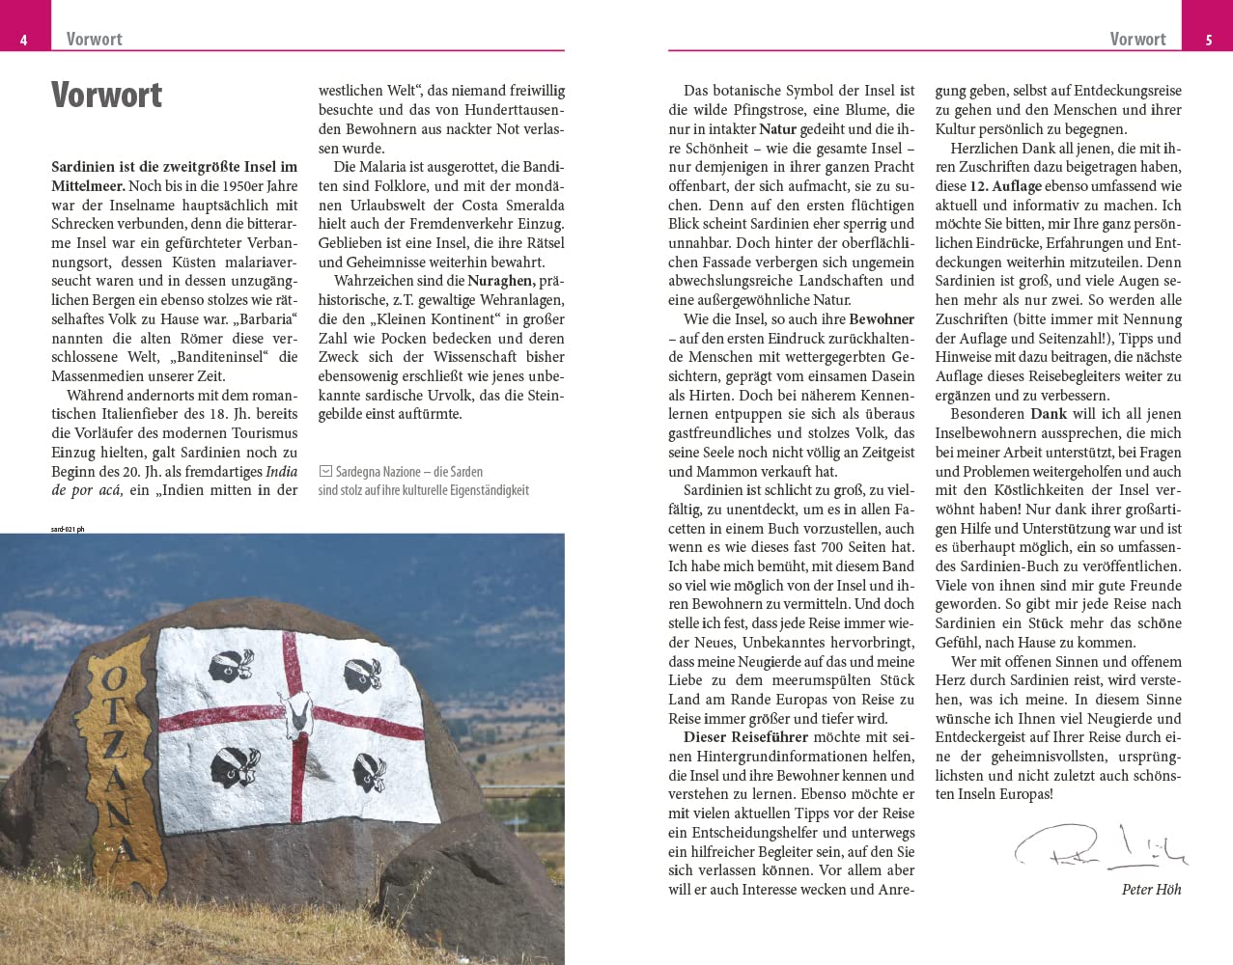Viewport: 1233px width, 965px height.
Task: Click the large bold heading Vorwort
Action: (106, 95)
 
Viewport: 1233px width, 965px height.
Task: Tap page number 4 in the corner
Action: (23, 40)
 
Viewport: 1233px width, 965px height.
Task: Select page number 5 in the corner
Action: (1209, 40)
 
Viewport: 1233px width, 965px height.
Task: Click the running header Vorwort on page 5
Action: (1137, 39)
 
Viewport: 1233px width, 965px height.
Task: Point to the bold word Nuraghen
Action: (500, 281)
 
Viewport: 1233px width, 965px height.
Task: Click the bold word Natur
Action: (777, 129)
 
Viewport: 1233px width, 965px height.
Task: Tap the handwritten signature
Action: (1099, 847)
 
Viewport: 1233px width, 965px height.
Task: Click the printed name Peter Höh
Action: (1151, 889)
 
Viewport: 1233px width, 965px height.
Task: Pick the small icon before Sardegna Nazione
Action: (325, 472)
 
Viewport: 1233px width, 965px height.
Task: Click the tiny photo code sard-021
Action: (68, 529)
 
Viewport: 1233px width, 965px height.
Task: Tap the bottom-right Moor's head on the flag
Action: (372, 772)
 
